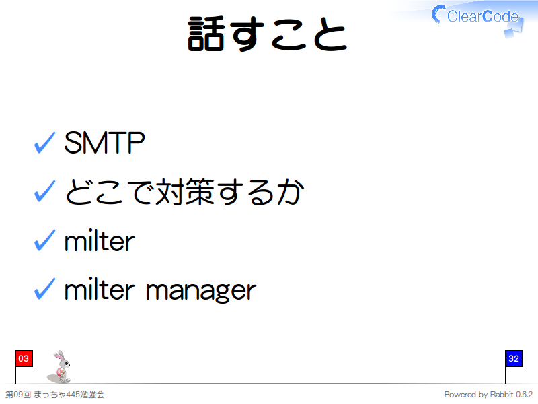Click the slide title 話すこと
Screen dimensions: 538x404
point(268,34)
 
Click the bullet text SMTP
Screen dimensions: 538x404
point(104,143)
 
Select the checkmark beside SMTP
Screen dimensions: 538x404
point(44,143)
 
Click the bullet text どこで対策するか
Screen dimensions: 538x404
point(184,192)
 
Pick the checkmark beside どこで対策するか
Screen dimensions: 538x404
point(44,191)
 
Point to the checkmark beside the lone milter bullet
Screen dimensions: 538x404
point(44,240)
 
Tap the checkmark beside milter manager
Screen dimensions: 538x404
point(44,289)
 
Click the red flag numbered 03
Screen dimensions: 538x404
point(24,358)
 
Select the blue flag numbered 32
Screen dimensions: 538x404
point(514,358)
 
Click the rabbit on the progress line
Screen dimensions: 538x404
point(60,367)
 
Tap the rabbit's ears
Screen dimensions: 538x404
point(59,355)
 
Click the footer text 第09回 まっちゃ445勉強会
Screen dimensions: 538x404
point(55,395)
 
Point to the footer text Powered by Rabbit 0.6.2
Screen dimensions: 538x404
point(488,395)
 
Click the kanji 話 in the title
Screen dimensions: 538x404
point(206,34)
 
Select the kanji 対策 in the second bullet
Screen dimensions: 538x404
point(186,192)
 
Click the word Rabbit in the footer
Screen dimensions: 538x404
point(502,394)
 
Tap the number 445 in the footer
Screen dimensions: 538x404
point(73,395)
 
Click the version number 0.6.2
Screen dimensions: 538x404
point(525,395)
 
